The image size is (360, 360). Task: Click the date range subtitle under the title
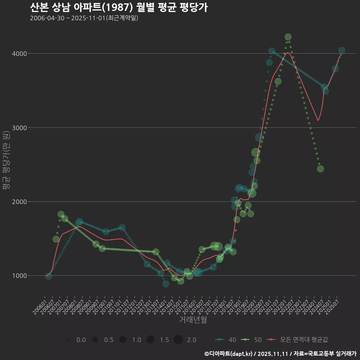point(84,18)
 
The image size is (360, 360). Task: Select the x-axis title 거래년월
point(193,320)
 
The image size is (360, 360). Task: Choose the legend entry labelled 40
point(226,340)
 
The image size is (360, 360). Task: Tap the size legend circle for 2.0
point(178,340)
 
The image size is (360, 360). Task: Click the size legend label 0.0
point(81,340)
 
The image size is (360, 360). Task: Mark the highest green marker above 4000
point(288,37)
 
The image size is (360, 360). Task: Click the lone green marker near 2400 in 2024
point(320,169)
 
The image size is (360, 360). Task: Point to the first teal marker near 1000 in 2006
point(48,276)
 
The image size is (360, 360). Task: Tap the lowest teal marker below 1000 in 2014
point(166,284)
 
